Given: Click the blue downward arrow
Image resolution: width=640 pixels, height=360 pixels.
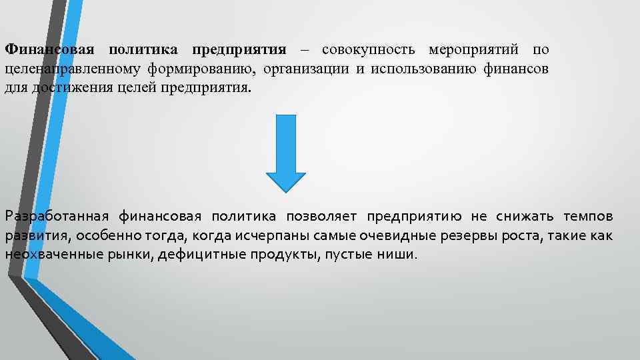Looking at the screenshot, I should click(286, 151).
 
